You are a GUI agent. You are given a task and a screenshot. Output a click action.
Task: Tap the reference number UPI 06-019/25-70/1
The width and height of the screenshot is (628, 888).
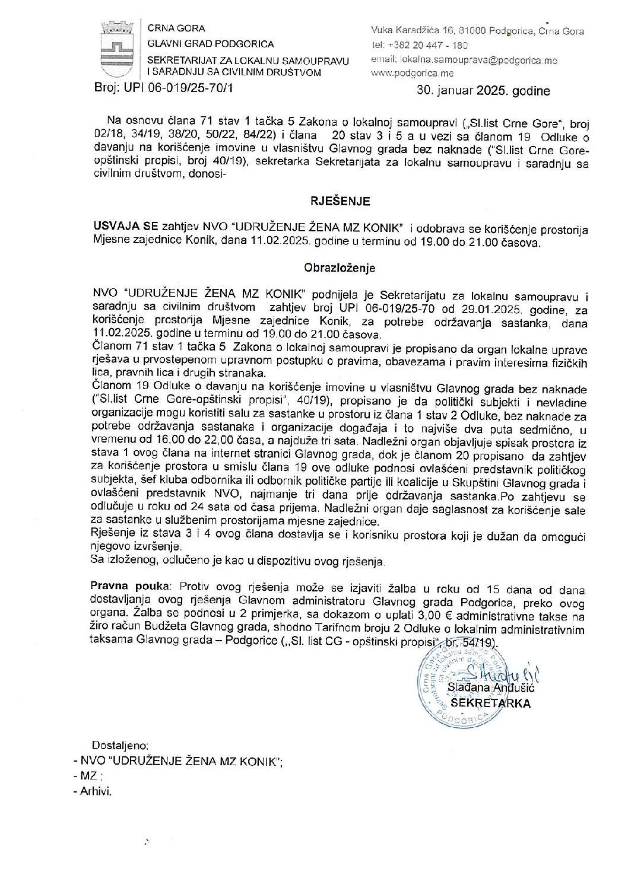[184, 90]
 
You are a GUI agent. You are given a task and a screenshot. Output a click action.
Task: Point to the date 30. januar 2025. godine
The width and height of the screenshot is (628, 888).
[484, 91]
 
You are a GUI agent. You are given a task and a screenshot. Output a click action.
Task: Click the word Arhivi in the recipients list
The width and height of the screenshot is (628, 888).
[96, 791]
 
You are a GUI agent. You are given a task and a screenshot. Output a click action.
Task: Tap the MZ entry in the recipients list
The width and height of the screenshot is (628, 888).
[88, 776]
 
